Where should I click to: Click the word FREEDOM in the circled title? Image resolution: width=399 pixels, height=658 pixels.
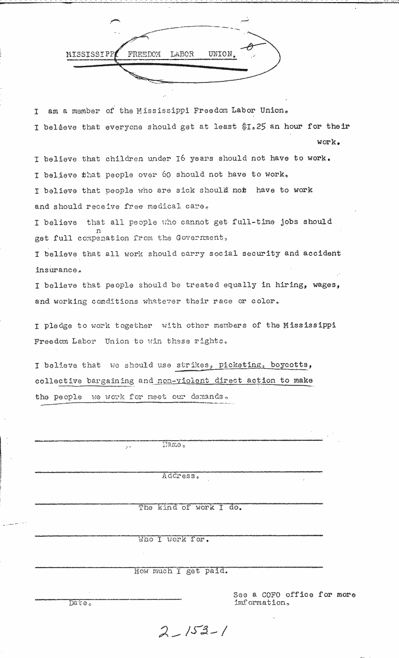pos(144,54)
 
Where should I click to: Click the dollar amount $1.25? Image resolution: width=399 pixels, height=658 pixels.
pos(254,126)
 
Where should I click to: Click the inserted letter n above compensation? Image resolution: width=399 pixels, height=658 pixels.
pos(98,230)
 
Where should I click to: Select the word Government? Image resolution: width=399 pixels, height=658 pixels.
pos(201,238)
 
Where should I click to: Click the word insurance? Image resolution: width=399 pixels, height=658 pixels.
pos(58,270)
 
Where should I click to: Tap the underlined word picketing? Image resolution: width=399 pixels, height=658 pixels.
pos(240,365)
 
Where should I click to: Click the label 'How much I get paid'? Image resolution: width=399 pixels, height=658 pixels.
pos(181,571)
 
